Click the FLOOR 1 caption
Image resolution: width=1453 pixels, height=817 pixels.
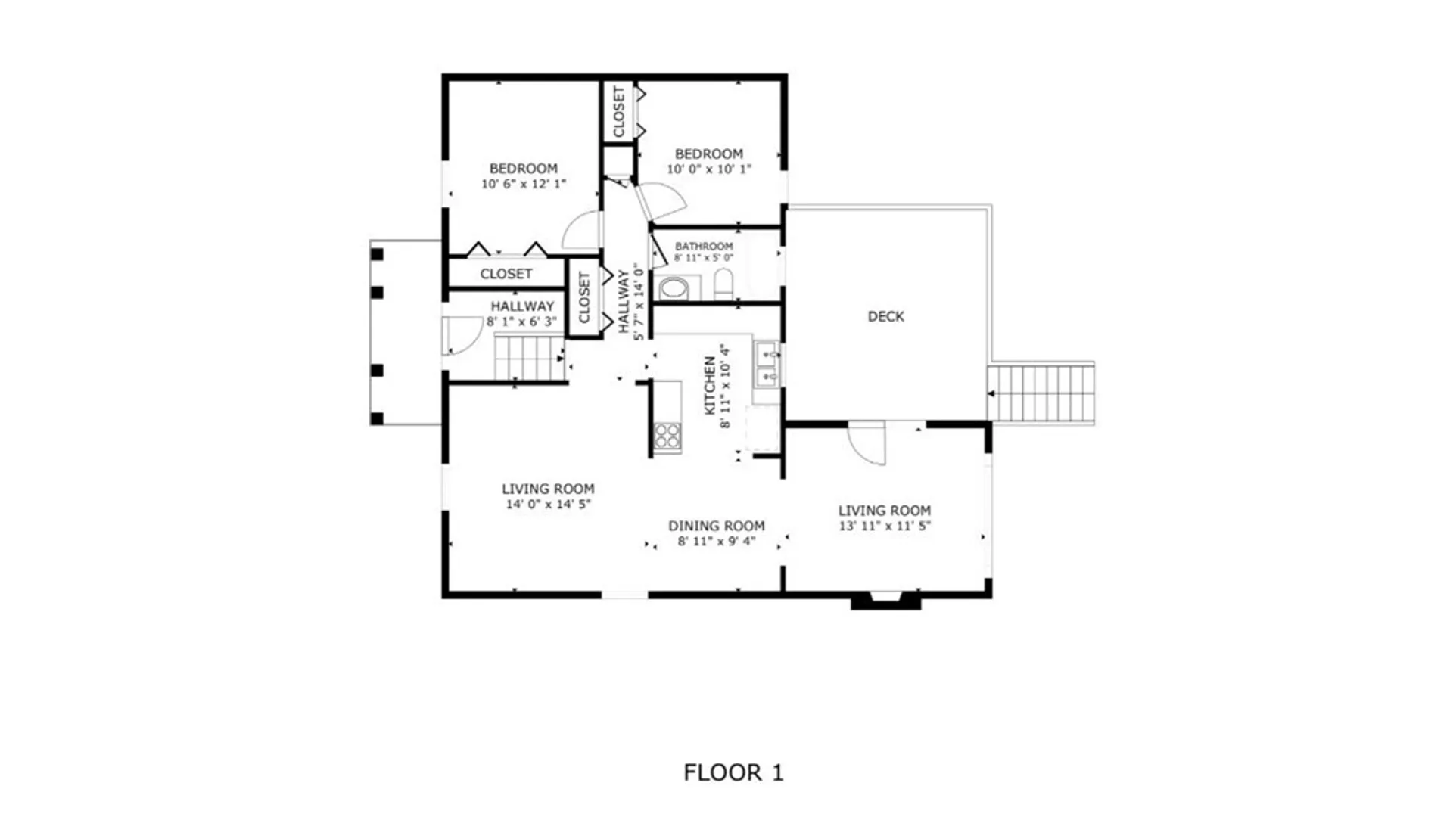(733, 772)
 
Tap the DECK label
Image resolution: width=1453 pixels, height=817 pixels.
(885, 316)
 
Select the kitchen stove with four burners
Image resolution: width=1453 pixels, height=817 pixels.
(667, 436)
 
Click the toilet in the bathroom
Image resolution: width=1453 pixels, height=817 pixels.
(723, 284)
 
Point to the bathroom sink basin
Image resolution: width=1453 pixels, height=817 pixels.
(674, 288)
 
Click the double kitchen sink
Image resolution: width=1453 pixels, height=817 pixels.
(767, 364)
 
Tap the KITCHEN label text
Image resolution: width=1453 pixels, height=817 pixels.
(710, 386)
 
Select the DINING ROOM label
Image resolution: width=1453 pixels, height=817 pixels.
(716, 526)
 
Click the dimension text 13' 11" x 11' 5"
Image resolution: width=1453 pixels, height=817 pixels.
(884, 526)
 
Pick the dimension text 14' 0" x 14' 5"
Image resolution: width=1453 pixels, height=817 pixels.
(548, 504)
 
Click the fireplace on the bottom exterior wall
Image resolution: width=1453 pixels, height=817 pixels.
(885, 601)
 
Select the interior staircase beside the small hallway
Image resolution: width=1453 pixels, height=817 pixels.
(528, 358)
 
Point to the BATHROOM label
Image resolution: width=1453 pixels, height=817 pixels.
(704, 247)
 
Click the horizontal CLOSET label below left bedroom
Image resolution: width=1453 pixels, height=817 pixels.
(506, 274)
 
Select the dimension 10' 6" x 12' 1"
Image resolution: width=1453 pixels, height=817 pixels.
(524, 184)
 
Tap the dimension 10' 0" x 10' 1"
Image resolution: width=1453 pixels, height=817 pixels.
(708, 169)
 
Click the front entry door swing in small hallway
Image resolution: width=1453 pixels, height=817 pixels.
(460, 335)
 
